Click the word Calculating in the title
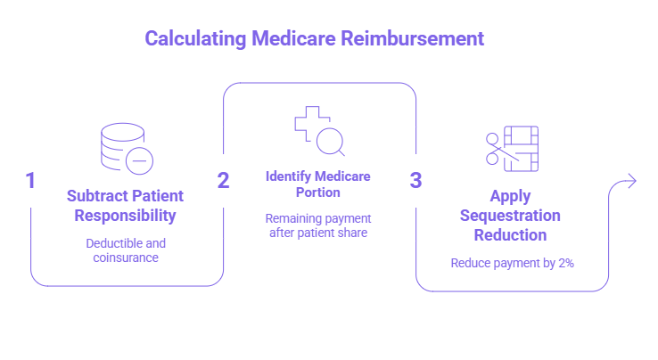coord(195,39)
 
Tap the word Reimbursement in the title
coord(412,38)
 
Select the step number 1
coord(30,180)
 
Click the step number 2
coord(223,180)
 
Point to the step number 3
coord(415,180)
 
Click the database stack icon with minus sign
coord(127,149)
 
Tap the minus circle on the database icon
coord(139,160)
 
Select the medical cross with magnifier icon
coord(319,131)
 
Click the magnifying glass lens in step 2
coord(330,141)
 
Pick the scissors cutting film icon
coord(512,149)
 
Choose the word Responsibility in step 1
coord(125,216)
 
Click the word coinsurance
coord(126,258)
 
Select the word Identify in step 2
coord(288,176)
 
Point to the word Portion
coord(317,192)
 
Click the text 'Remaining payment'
coord(318,218)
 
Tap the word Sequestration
coord(510,216)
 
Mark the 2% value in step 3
coord(565,263)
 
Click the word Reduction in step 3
coord(510,235)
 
